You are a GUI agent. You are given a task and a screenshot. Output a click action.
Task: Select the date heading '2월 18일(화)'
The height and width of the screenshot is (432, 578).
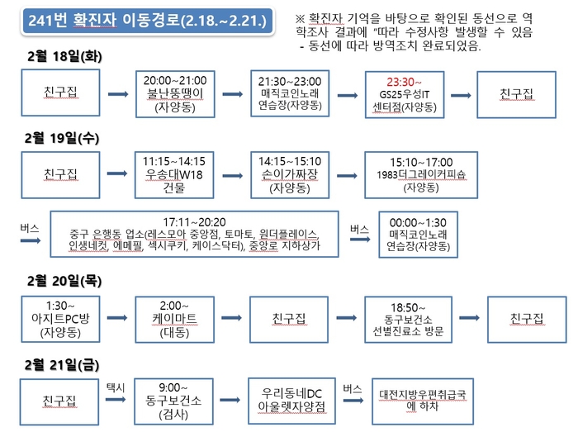(64, 56)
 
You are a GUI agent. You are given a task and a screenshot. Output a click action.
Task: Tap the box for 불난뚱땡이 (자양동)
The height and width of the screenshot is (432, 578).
(175, 94)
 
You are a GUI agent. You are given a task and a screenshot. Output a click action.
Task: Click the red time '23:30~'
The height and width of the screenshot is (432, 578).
(404, 82)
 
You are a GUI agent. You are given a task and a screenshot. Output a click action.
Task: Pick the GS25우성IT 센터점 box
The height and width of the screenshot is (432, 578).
(405, 95)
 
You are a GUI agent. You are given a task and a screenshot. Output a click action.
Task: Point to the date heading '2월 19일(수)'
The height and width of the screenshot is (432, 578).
(62, 138)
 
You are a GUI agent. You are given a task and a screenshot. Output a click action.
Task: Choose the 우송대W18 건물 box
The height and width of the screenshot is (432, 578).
(174, 175)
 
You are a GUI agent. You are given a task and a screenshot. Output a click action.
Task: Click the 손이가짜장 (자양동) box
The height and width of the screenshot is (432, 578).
(290, 175)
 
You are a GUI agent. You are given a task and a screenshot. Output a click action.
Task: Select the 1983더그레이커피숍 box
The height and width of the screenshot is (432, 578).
(421, 175)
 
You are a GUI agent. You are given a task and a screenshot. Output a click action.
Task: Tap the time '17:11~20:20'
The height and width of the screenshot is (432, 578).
(194, 222)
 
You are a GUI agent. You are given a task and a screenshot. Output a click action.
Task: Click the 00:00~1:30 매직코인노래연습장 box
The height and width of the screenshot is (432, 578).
(418, 235)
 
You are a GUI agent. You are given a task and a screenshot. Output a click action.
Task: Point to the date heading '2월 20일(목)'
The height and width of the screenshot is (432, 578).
(64, 281)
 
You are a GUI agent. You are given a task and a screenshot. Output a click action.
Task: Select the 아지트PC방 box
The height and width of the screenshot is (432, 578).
(60, 319)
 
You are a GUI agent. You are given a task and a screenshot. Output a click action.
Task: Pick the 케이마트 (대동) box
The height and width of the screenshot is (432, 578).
(174, 319)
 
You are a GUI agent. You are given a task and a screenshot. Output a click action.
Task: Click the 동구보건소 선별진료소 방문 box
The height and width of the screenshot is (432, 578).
(408, 319)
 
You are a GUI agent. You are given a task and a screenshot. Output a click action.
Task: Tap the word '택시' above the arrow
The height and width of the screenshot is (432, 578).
(116, 387)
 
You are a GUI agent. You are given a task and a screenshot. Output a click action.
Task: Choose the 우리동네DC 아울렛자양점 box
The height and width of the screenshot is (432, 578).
(291, 401)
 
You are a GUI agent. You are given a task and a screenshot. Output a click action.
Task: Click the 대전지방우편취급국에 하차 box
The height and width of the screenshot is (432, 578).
(423, 401)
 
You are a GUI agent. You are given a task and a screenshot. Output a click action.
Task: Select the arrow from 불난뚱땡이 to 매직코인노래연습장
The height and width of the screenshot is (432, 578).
(233, 94)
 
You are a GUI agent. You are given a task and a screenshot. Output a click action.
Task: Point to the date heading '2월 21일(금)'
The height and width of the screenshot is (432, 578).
(62, 365)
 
